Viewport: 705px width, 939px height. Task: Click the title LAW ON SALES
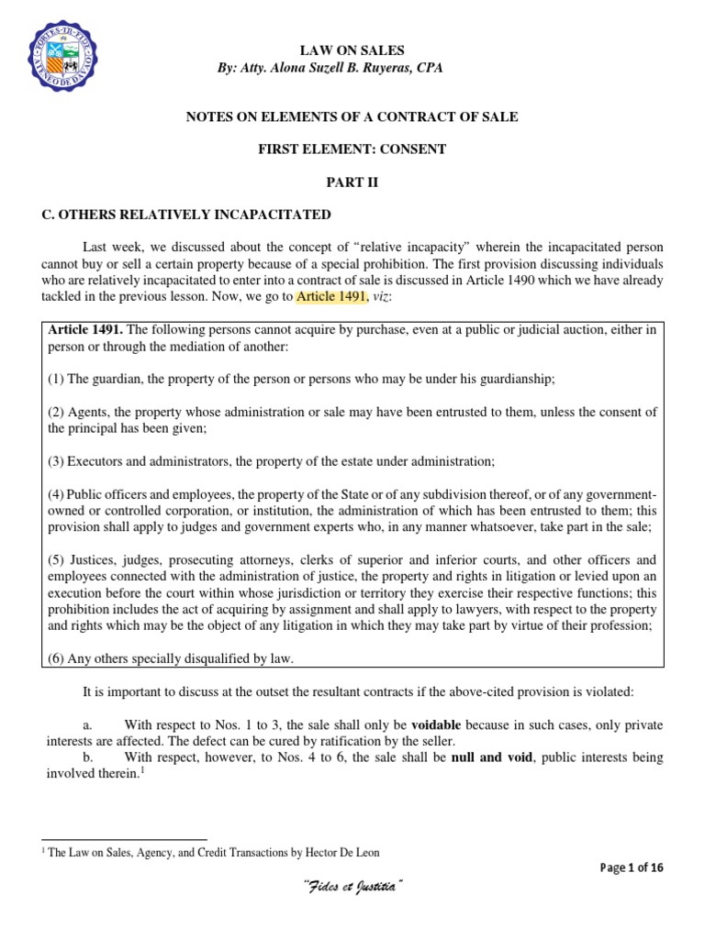click(x=352, y=50)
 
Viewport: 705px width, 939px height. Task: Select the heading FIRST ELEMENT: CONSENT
click(x=352, y=149)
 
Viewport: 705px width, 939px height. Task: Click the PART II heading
click(x=352, y=182)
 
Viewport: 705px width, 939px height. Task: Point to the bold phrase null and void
click(x=489, y=757)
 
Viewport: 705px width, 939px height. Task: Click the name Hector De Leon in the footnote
click(x=341, y=852)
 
